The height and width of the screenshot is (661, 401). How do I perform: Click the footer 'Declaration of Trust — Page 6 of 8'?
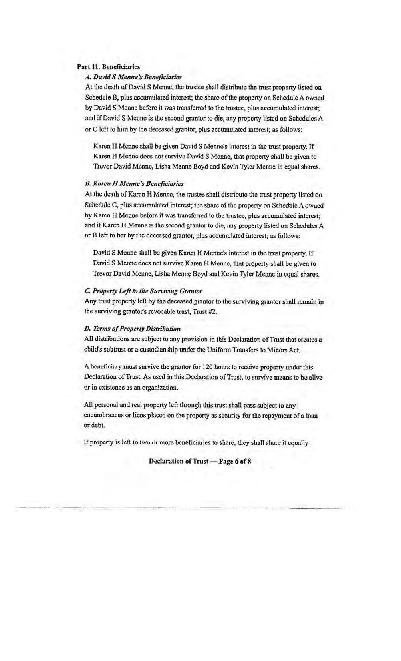point(200,461)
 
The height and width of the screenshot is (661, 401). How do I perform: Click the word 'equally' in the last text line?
point(296,443)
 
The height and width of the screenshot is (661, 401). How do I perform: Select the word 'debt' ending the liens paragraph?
point(90,425)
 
